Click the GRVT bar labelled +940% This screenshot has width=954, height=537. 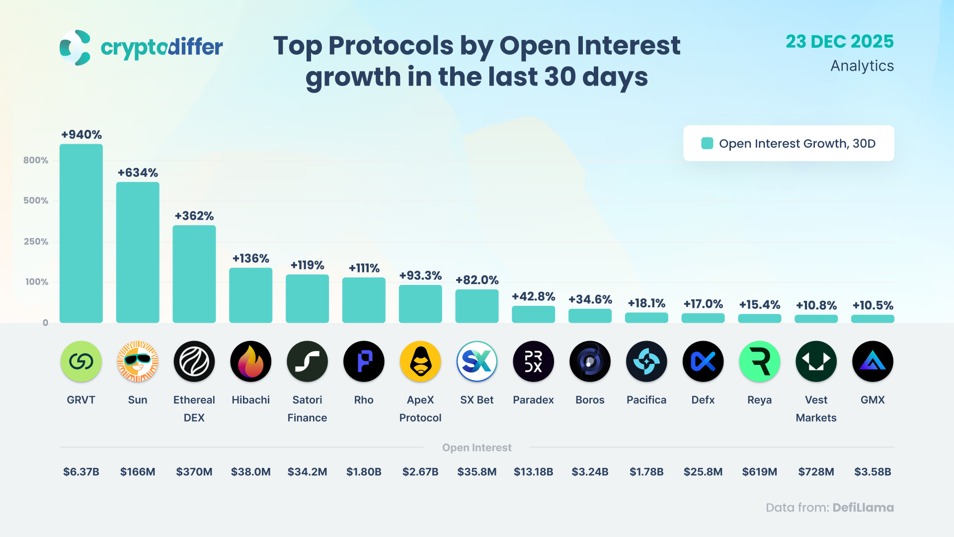[81, 233]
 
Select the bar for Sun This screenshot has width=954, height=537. [138, 252]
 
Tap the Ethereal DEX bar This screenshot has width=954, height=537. [194, 274]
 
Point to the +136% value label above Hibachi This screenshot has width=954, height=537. [251, 259]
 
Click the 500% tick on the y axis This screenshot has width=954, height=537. [36, 200]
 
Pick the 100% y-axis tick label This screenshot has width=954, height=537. [37, 282]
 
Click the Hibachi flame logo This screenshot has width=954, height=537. [251, 361]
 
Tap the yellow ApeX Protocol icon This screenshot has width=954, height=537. [420, 361]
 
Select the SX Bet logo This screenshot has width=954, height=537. [477, 361]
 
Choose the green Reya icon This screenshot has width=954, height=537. [760, 361]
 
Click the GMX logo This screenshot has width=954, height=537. [873, 361]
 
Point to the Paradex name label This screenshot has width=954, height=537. [533, 400]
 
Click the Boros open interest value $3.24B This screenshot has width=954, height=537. [590, 472]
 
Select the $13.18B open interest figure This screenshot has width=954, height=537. [533, 472]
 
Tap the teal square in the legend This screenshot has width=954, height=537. [707, 143]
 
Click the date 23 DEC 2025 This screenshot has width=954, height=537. [839, 42]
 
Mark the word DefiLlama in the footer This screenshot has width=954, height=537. [863, 508]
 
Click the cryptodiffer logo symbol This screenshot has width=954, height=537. [75, 48]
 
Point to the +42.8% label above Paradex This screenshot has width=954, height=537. [533, 297]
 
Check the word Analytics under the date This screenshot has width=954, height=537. [862, 66]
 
